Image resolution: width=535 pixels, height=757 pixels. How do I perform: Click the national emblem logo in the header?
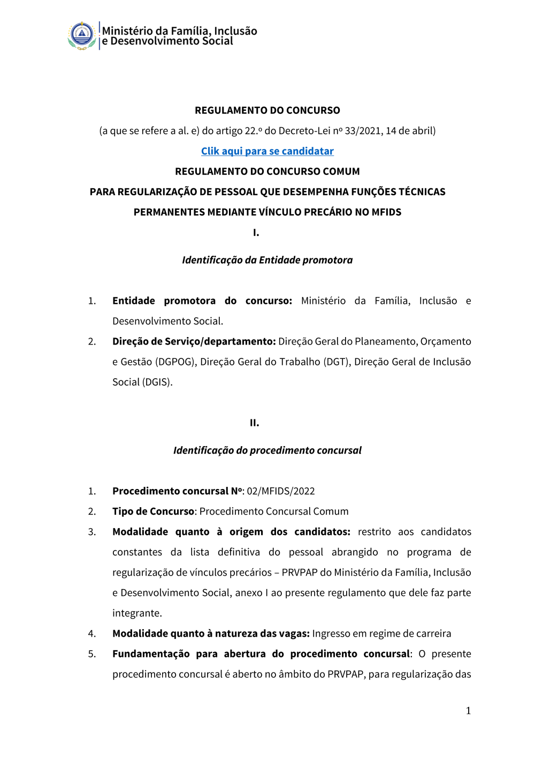coord(82,36)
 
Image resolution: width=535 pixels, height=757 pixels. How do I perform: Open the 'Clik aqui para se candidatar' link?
coord(267,151)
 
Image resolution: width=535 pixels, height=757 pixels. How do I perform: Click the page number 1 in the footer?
coord(468,710)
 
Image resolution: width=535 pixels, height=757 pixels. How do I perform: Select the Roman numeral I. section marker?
coord(256,233)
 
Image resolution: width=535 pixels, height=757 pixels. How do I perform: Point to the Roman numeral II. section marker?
coord(255,423)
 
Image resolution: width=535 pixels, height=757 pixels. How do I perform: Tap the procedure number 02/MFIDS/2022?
coord(281,491)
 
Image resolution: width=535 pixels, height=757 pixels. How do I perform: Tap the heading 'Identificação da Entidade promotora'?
coord(267,260)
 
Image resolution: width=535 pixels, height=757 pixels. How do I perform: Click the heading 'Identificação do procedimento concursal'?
coord(267,450)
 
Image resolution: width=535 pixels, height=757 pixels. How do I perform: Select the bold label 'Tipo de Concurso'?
coord(153,511)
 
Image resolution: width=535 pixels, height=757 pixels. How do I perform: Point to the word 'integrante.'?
coord(137,613)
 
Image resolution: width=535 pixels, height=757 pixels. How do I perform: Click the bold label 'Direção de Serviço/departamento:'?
coord(194,342)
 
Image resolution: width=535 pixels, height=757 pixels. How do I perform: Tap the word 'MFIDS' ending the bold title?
coord(386,212)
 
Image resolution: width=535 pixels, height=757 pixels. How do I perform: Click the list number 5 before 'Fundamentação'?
coord(92,654)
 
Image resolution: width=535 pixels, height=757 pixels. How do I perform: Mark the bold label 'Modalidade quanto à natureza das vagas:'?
coord(211,634)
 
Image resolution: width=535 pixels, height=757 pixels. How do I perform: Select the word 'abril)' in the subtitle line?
coord(423,131)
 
